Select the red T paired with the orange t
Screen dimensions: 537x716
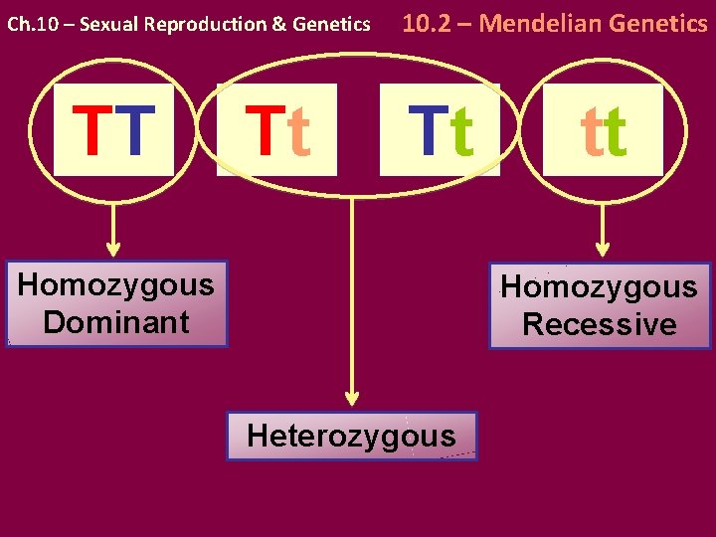click(261, 131)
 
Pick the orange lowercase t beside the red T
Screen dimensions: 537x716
click(297, 133)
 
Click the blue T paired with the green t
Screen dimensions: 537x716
click(426, 131)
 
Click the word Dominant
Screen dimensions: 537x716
click(116, 322)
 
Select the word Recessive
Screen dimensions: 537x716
click(599, 324)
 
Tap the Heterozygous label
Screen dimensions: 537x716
click(351, 436)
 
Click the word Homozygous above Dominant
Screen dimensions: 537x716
click(116, 285)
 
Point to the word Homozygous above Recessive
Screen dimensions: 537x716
click(599, 287)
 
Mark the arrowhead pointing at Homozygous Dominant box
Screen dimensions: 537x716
click(113, 250)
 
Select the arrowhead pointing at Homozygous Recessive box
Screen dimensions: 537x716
click(600, 251)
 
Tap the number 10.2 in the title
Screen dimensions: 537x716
click(426, 22)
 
